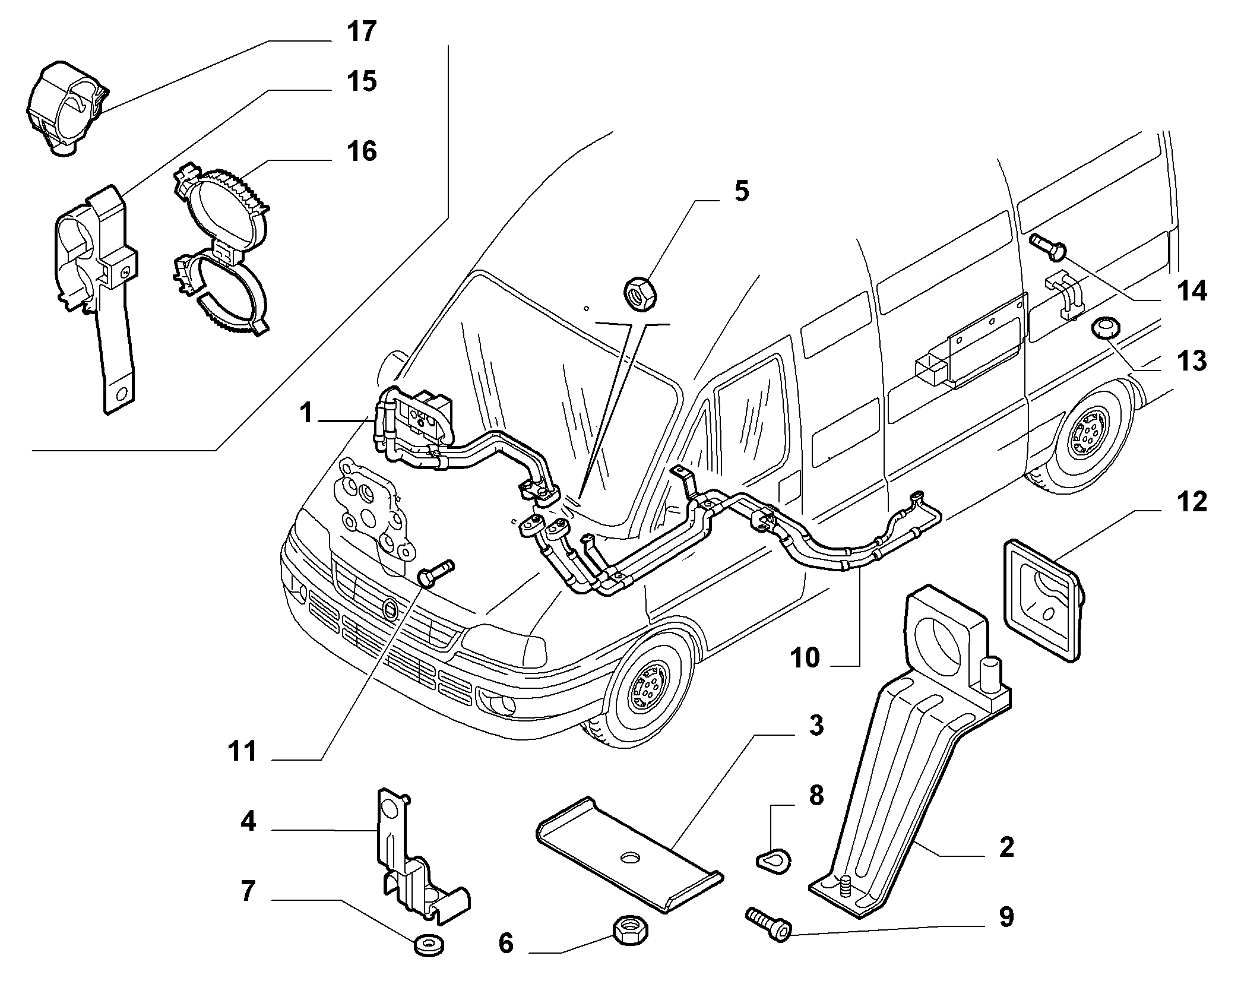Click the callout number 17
(362, 31)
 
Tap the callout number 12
(1192, 502)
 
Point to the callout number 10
(805, 658)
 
